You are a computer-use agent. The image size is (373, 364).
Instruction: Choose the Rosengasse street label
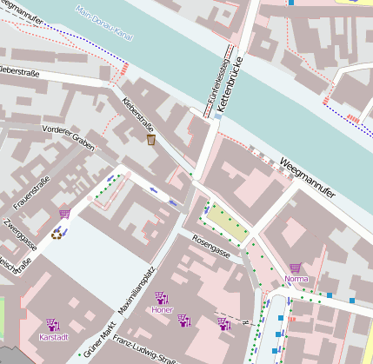pyautogui.click(x=211, y=247)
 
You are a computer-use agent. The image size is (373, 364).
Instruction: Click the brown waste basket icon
pyautogui.click(x=151, y=140)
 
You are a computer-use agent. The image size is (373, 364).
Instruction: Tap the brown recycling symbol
pyautogui.click(x=57, y=233)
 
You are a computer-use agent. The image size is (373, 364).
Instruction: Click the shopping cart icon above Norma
pyautogui.click(x=296, y=268)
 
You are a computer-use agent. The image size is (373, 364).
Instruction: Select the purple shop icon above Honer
pyautogui.click(x=162, y=297)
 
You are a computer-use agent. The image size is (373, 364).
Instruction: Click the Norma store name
pyautogui.click(x=296, y=279)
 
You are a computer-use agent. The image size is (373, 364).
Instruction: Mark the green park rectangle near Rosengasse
pyautogui.click(x=227, y=224)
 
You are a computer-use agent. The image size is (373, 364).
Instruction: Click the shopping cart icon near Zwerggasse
pyautogui.click(x=64, y=214)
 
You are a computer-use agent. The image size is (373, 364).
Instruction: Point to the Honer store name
pyautogui.click(x=162, y=308)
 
